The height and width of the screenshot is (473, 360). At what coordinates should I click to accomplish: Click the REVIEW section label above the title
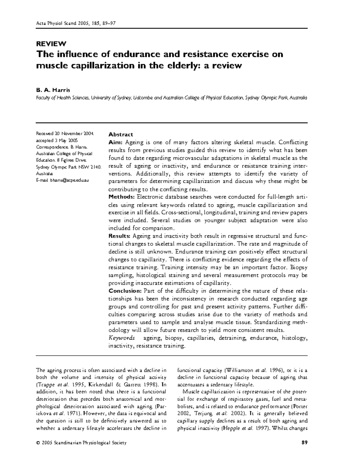point(51,44)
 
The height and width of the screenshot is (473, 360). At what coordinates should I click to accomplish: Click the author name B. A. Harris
point(53,90)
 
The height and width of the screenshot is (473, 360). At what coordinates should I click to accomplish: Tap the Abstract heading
point(121,135)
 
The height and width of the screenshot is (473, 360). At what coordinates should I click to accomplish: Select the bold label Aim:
point(115,142)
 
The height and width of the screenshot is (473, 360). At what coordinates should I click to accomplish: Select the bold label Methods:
point(121,197)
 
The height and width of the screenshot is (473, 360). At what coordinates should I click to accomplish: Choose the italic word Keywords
point(122,338)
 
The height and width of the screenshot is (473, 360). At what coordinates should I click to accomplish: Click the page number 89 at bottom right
point(304,442)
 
